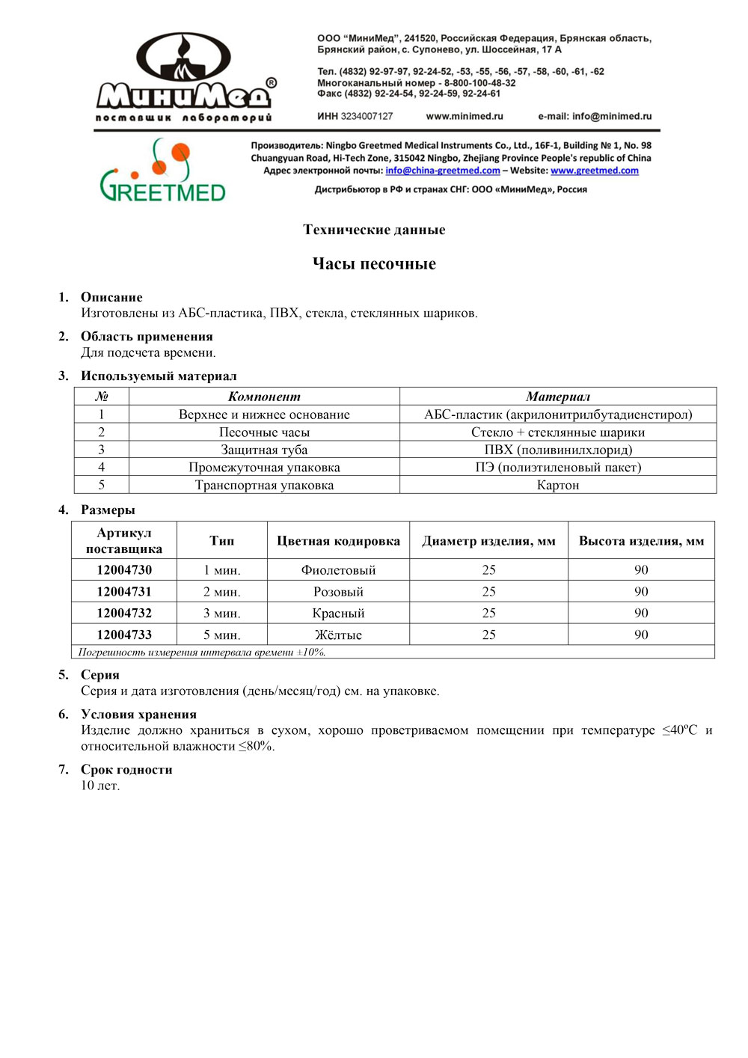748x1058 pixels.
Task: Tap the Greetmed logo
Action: (x=162, y=171)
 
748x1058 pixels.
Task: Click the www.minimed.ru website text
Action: (x=465, y=117)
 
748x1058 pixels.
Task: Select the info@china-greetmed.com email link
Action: (x=443, y=171)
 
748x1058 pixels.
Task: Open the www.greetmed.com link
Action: (x=595, y=171)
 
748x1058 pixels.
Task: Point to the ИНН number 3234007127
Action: (x=367, y=117)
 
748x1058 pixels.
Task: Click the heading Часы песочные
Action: (x=374, y=263)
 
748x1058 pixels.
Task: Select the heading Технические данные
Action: (x=374, y=230)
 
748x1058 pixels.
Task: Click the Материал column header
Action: (x=558, y=397)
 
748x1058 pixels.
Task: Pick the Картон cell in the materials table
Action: (x=558, y=485)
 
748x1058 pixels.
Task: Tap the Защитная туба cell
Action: (x=264, y=450)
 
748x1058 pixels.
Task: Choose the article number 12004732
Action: (x=124, y=613)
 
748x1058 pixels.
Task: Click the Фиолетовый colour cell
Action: (x=338, y=570)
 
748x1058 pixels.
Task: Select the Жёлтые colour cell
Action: (x=338, y=635)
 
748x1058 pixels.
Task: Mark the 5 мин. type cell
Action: (x=222, y=635)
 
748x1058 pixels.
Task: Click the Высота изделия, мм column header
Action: (x=641, y=541)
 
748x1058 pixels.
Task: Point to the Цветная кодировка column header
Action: (x=338, y=541)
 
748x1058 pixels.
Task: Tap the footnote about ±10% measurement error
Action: (x=202, y=652)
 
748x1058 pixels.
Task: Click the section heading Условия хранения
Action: (x=138, y=715)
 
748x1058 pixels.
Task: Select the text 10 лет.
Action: (x=100, y=786)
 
